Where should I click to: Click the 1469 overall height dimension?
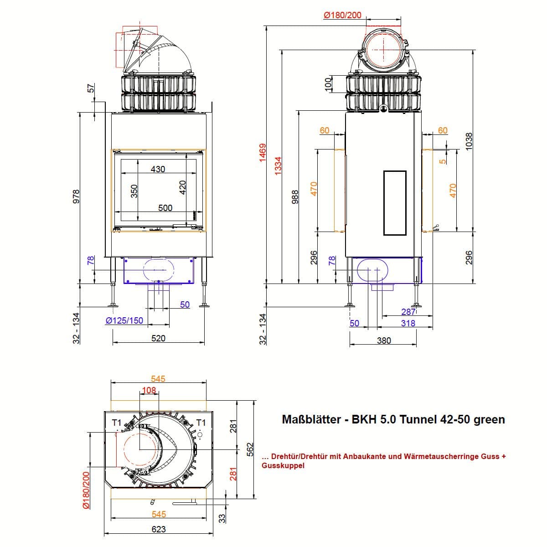pyautogui.click(x=263, y=153)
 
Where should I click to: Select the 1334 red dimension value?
pyautogui.click(x=278, y=165)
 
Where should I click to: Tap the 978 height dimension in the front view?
pyautogui.click(x=76, y=196)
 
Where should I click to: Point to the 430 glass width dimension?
pyautogui.click(x=158, y=169)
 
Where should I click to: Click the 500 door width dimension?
pyautogui.click(x=165, y=208)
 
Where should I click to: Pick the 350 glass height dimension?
pyautogui.click(x=134, y=191)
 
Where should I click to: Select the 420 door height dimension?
pyautogui.click(x=182, y=187)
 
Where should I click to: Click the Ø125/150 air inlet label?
pyautogui.click(x=124, y=320)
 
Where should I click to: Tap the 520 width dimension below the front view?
pyautogui.click(x=158, y=338)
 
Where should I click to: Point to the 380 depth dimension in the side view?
pyautogui.click(x=384, y=341)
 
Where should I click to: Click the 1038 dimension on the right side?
pyautogui.click(x=469, y=141)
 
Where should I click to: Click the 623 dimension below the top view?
pyautogui.click(x=158, y=529)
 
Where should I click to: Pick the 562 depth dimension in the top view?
pyautogui.click(x=250, y=449)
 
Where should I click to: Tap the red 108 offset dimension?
pyautogui.click(x=149, y=390)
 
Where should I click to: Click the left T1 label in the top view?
pyautogui.click(x=117, y=423)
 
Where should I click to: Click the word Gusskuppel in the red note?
pyautogui.click(x=283, y=465)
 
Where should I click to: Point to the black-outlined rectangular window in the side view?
pyautogui.click(x=395, y=203)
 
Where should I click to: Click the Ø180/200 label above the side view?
pyautogui.click(x=343, y=15)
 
